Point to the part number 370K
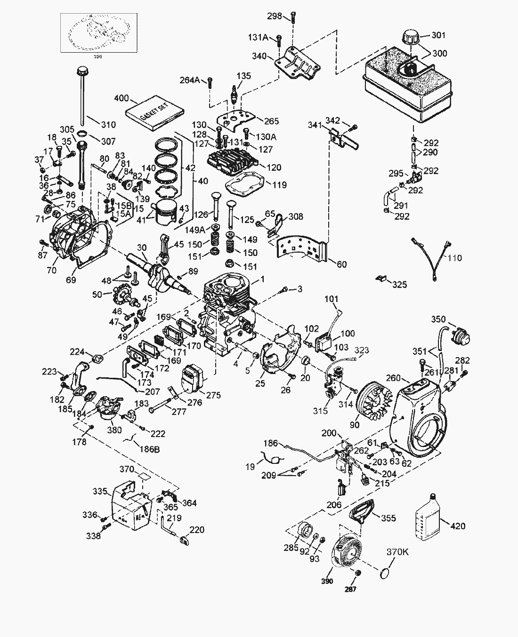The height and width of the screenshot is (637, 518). tap(397, 552)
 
